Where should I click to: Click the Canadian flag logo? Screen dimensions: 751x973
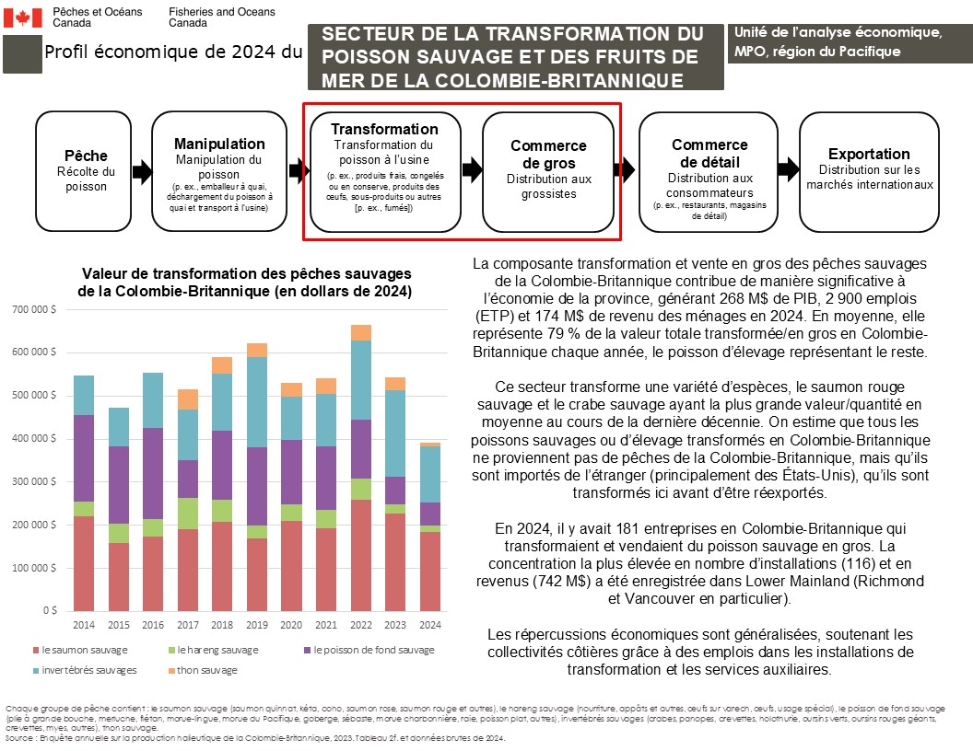[23, 17]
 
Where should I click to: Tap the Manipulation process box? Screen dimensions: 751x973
[219, 171]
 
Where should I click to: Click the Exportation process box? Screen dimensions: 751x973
[869, 171]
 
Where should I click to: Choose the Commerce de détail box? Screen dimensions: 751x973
[709, 171]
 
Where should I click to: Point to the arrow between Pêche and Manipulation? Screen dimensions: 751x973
[142, 171]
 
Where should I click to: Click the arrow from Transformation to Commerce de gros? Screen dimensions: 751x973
[472, 168]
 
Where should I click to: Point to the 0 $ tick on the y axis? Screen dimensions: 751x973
[50, 611]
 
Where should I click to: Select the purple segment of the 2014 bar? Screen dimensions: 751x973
[84, 457]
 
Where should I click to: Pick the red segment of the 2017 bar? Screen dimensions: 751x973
[187, 570]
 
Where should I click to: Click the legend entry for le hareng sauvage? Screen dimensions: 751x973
[212, 650]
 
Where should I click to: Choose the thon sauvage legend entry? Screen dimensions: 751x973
[205, 670]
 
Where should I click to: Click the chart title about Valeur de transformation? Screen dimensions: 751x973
[246, 283]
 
